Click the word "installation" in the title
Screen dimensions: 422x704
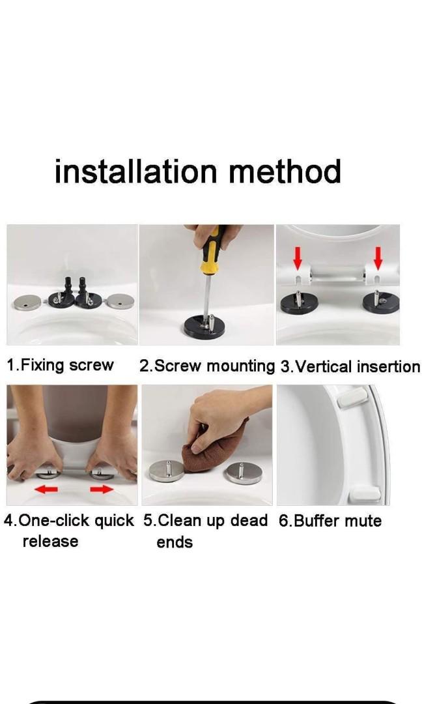point(136,171)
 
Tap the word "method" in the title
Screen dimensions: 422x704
point(285,171)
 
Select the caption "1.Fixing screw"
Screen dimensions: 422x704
point(60,364)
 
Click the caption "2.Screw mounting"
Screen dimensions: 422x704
point(206,366)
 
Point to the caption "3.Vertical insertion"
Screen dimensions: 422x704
point(350,366)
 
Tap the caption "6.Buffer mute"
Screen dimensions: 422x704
point(330,521)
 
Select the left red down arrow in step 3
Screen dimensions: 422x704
point(298,258)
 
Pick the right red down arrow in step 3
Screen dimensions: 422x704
point(378,258)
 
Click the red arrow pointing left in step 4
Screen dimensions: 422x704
point(46,488)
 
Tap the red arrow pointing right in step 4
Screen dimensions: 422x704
point(102,488)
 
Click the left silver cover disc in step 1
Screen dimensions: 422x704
point(27,302)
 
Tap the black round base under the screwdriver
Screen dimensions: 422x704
point(204,327)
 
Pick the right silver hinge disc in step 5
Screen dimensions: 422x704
point(244,473)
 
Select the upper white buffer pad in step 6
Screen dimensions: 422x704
point(352,398)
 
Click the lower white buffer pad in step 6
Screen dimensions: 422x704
point(365,494)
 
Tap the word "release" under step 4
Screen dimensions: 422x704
point(50,541)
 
